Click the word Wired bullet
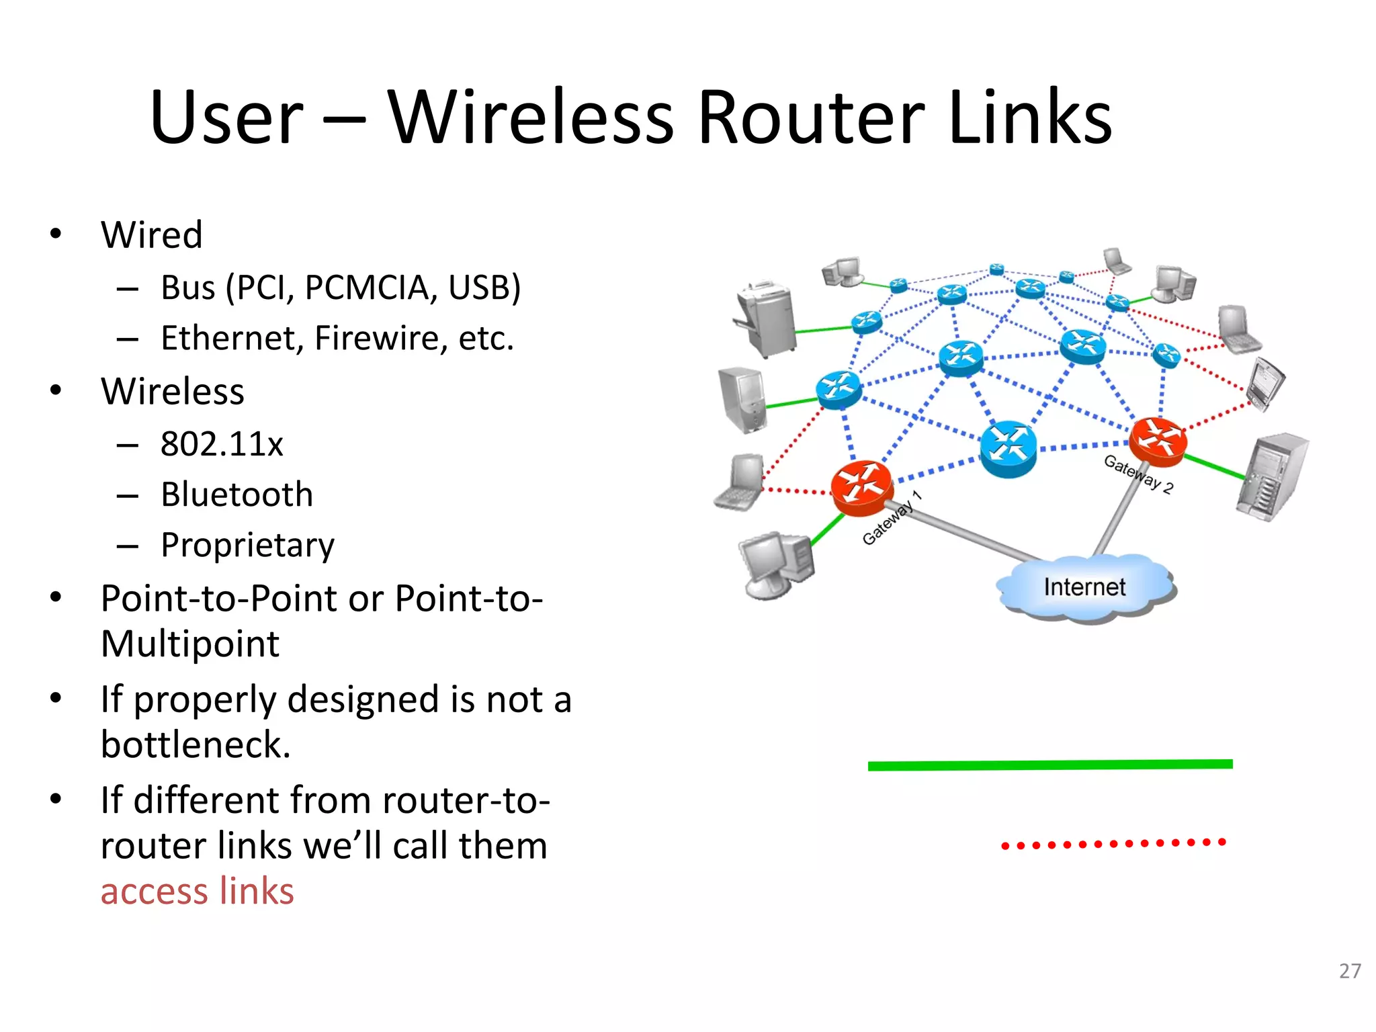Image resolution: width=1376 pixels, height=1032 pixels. pyautogui.click(x=151, y=235)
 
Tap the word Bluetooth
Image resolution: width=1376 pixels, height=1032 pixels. pyautogui.click(x=236, y=494)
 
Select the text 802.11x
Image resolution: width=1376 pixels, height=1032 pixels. pyautogui.click(x=222, y=444)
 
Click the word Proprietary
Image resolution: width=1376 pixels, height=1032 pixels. pyautogui.click(x=247, y=545)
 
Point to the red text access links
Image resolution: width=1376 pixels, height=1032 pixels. pyautogui.click(x=197, y=891)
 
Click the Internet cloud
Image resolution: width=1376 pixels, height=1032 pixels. pyautogui.click(x=1084, y=587)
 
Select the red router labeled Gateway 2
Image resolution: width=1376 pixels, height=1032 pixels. pyautogui.click(x=1157, y=440)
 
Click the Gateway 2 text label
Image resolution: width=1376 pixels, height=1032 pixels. pyautogui.click(x=1139, y=474)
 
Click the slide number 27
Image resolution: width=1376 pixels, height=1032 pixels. pyautogui.click(x=1349, y=971)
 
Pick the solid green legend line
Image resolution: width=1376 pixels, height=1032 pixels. pyautogui.click(x=1049, y=765)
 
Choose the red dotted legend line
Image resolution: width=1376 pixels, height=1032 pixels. pyautogui.click(x=1113, y=843)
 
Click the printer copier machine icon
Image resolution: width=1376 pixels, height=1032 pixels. pyautogui.click(x=766, y=319)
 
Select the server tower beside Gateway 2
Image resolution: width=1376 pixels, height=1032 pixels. pyautogui.click(x=1271, y=477)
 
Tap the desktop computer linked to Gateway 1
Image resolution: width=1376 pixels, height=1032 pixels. pyautogui.click(x=776, y=563)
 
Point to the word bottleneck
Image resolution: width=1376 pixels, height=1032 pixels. pyautogui.click(x=196, y=744)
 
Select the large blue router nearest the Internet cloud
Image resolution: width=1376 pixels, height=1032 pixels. pyautogui.click(x=1007, y=449)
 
